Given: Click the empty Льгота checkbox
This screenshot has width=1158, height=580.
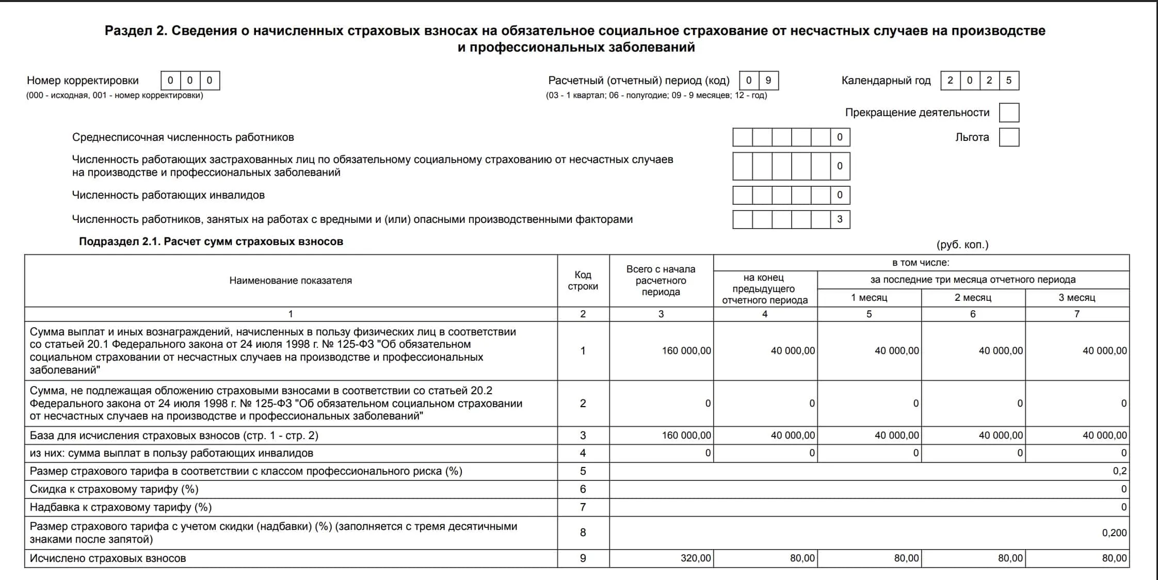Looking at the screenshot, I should (1009, 137).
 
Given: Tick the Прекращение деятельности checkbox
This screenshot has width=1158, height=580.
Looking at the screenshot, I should (1009, 112).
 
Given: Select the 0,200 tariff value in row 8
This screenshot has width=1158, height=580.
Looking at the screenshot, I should (1114, 533).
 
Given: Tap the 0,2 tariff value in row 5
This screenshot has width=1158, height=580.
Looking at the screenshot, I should (1119, 471).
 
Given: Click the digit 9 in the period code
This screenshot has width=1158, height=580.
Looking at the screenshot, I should (768, 80).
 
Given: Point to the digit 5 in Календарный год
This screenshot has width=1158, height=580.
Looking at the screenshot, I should (1009, 80).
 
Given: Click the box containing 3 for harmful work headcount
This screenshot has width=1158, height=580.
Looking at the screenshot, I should (840, 219).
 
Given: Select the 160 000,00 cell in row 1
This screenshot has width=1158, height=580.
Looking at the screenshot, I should (686, 351).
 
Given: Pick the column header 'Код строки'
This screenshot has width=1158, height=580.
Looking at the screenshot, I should (583, 281).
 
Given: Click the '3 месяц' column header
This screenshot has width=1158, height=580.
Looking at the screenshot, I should (1076, 298).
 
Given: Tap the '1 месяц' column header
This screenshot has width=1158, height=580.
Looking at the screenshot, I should (869, 298).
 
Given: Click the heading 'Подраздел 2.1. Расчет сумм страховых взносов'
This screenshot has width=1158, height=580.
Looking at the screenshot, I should (211, 241).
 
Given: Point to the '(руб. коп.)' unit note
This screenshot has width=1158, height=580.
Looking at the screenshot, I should (962, 245).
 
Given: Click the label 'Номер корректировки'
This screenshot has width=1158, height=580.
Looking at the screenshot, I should (83, 80).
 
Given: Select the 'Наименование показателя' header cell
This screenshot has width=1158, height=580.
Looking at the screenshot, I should (291, 281).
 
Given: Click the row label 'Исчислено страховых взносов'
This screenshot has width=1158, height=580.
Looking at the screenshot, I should (108, 558).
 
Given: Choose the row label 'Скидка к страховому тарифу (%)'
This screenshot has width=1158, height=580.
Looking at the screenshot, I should (114, 489).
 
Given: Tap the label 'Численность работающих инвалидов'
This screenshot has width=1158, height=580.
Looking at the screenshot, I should (168, 195).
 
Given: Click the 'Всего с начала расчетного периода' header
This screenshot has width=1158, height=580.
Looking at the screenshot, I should (661, 281).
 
